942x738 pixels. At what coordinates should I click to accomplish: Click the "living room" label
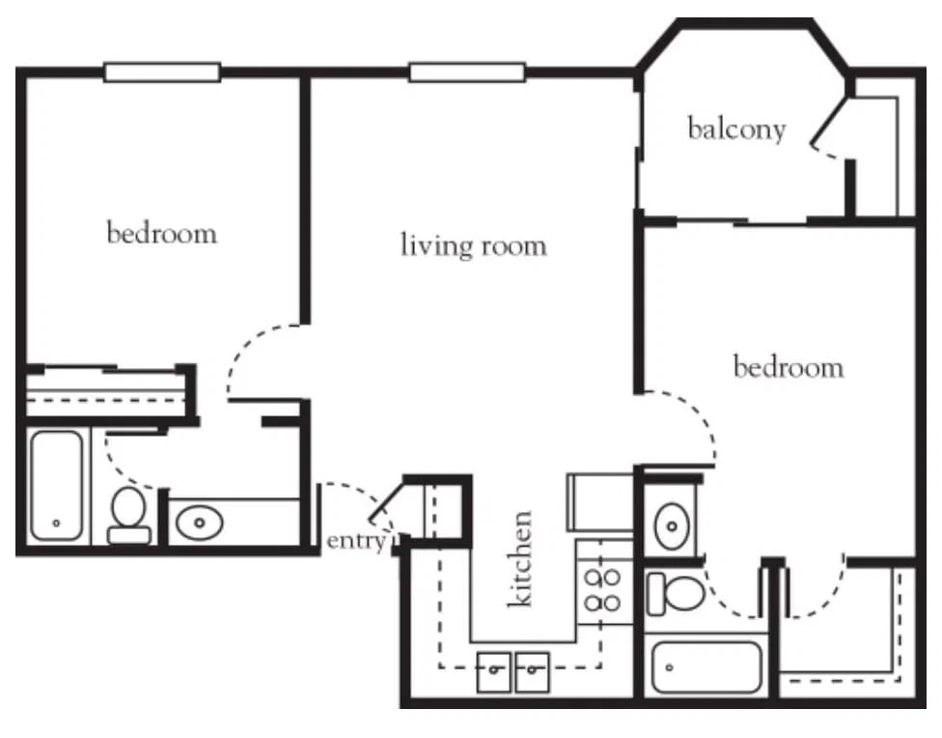click(x=473, y=246)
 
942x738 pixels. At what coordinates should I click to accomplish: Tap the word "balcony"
click(x=736, y=129)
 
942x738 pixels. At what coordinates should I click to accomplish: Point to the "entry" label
click(x=355, y=541)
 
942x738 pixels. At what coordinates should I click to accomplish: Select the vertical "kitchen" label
click(x=520, y=558)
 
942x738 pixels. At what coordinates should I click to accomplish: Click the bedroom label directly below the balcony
click(x=789, y=366)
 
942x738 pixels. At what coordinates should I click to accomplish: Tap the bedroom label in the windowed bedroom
click(x=161, y=233)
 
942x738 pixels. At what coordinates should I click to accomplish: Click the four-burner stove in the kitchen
click(x=603, y=589)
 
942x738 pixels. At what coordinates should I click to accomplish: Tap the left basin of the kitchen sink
click(x=494, y=672)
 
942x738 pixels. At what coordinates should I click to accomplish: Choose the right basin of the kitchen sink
click(x=532, y=672)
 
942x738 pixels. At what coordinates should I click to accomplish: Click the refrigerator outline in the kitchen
click(x=599, y=502)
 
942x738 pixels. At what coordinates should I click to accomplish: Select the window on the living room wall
click(x=467, y=72)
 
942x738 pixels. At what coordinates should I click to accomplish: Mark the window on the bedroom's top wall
click(x=162, y=72)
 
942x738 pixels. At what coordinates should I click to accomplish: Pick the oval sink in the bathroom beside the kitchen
click(x=672, y=526)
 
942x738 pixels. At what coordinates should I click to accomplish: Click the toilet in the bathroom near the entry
click(x=128, y=516)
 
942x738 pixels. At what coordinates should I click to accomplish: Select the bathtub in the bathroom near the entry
click(x=57, y=485)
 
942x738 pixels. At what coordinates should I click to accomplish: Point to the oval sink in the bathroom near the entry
click(x=200, y=523)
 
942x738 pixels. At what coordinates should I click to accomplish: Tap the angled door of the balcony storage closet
click(x=827, y=122)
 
